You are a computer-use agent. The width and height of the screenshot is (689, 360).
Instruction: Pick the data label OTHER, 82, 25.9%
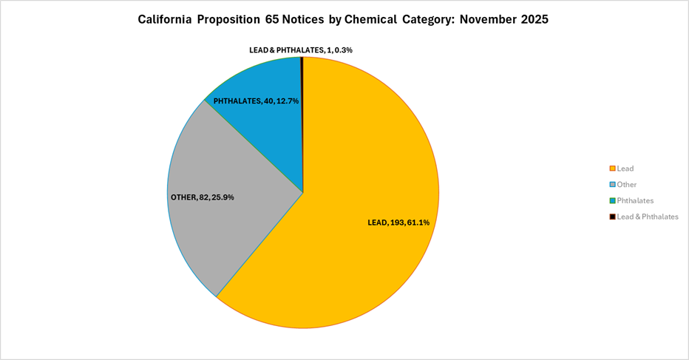(203, 197)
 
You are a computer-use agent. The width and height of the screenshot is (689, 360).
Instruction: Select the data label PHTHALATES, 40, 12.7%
(256, 101)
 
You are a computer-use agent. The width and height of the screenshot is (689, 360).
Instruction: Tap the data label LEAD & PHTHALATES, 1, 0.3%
(300, 50)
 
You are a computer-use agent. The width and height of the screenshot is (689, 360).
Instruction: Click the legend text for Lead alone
(625, 169)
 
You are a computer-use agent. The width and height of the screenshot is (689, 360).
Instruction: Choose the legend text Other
(626, 185)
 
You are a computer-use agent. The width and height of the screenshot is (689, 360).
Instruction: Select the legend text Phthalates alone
(635, 200)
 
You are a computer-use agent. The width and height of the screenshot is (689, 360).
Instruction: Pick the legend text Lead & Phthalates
(648, 217)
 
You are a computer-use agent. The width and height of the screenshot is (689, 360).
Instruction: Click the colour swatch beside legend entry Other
(612, 185)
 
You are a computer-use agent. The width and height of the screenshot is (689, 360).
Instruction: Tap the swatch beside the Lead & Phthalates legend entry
(612, 217)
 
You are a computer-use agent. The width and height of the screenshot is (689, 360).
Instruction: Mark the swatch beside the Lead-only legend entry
(612, 169)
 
